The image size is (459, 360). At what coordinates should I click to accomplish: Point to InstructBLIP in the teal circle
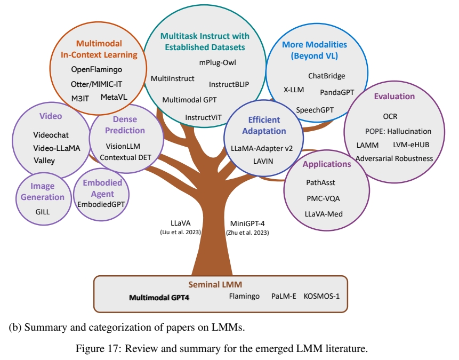pyautogui.click(x=229, y=84)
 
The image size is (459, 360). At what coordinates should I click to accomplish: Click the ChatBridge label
pyautogui.click(x=326, y=76)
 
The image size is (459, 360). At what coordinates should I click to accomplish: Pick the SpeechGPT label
pyautogui.click(x=315, y=109)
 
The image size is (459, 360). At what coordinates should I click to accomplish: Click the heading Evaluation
pyautogui.click(x=394, y=97)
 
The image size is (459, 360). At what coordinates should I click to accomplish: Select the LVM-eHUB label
pyautogui.click(x=411, y=145)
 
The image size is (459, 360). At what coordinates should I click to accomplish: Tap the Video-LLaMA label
pyautogui.click(x=57, y=148)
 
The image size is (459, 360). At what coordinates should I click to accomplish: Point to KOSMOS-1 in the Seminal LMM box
pyautogui.click(x=321, y=295)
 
